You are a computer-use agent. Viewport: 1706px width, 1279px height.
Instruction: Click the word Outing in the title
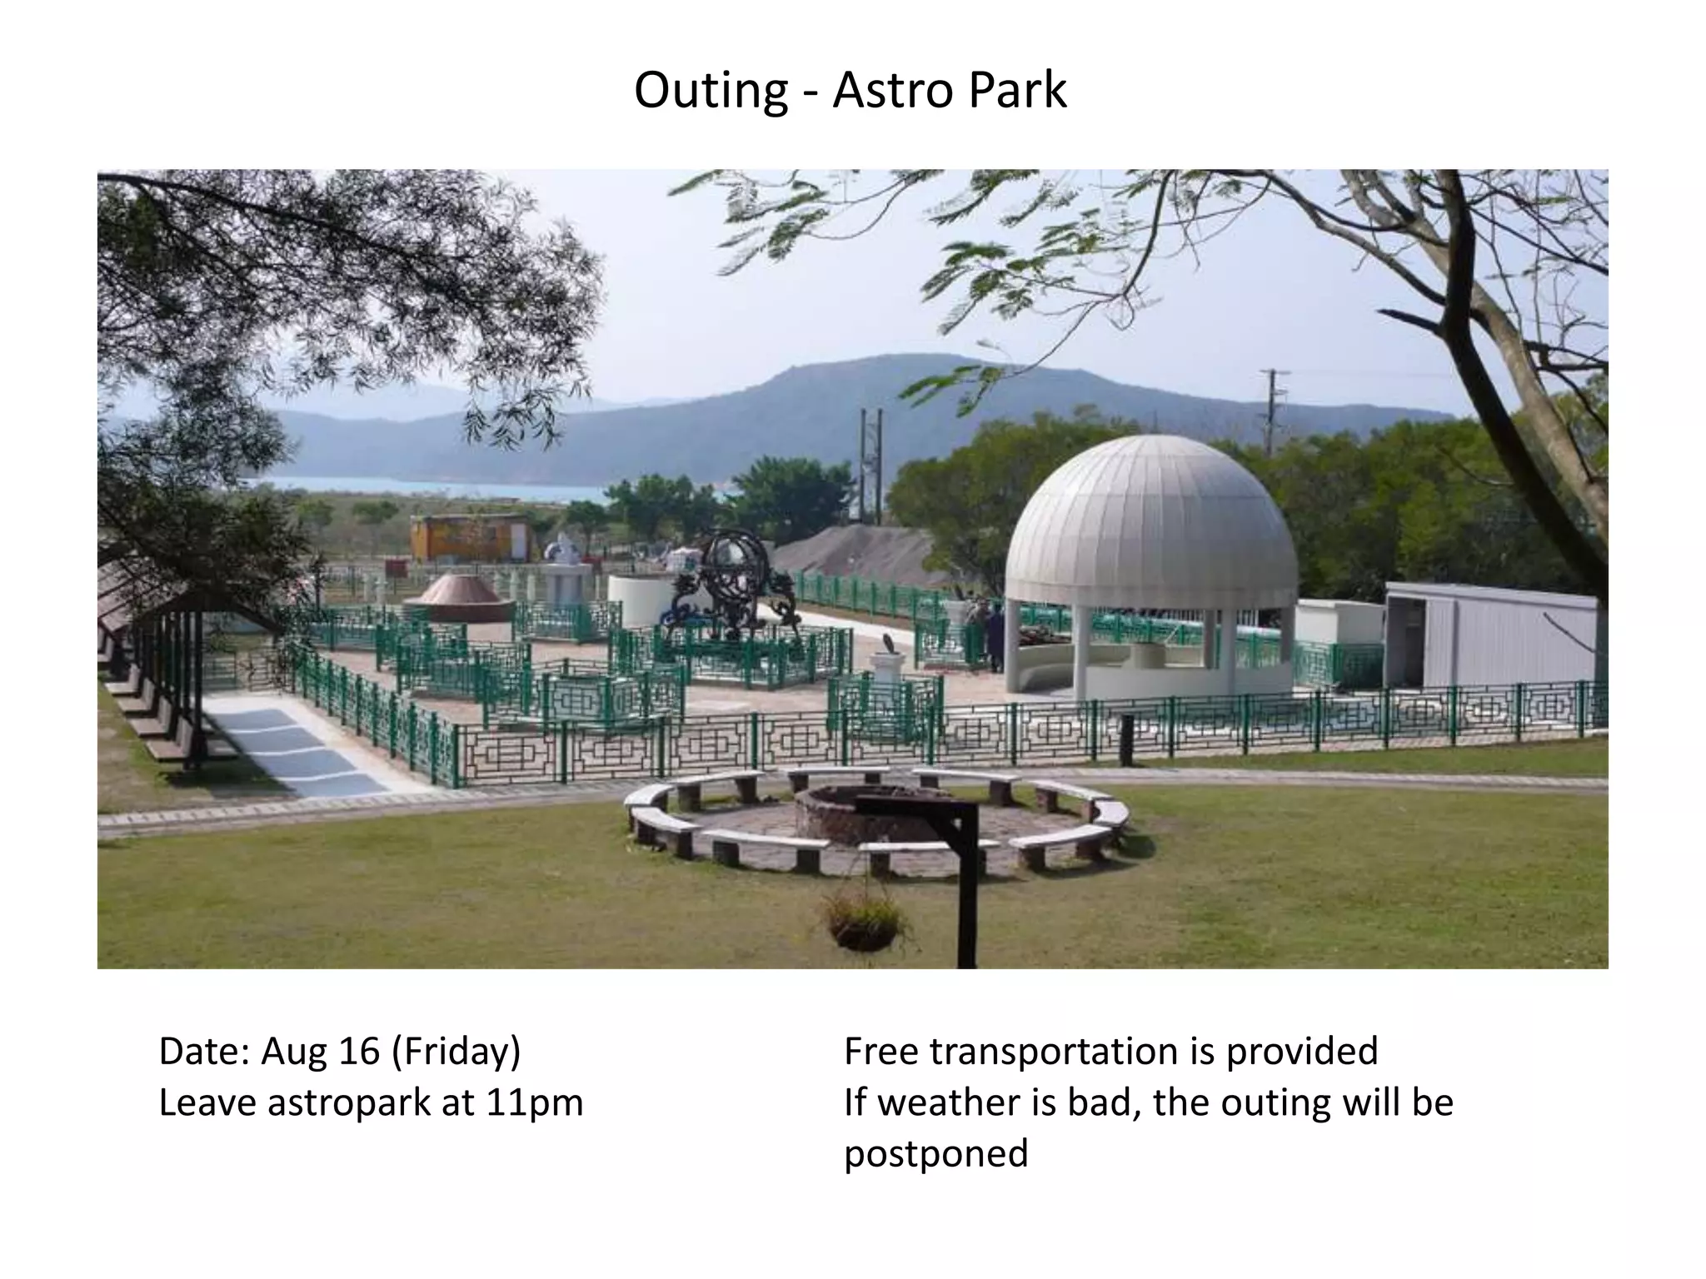(711, 91)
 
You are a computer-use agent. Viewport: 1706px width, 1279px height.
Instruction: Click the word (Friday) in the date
(456, 1052)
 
